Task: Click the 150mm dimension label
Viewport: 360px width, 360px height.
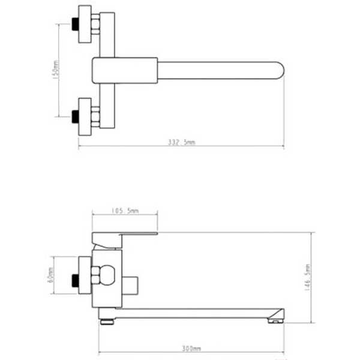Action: coord(54,70)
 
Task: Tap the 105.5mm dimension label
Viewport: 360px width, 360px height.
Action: coord(125,211)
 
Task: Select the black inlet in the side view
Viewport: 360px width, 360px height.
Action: coord(74,279)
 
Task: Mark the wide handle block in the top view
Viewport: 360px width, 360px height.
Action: coord(125,70)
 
